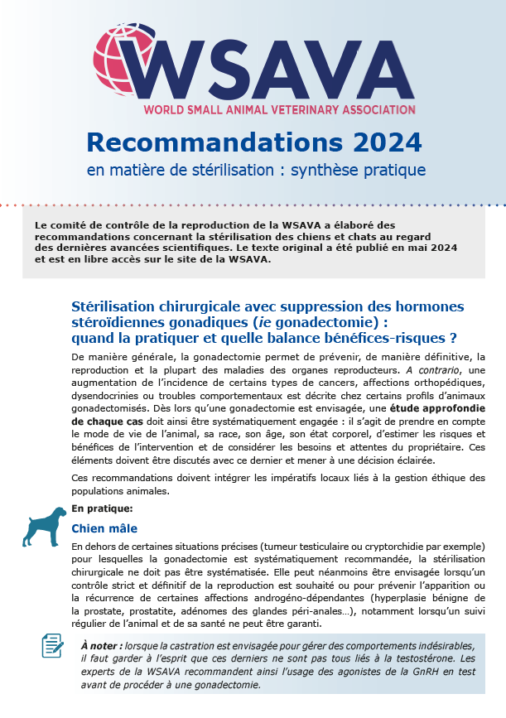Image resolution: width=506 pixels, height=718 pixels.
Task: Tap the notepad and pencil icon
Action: pyautogui.click(x=53, y=645)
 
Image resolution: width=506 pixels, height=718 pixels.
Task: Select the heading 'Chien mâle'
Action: pyautogui.click(x=104, y=528)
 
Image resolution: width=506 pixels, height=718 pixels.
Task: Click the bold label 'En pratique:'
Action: pyautogui.click(x=102, y=508)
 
